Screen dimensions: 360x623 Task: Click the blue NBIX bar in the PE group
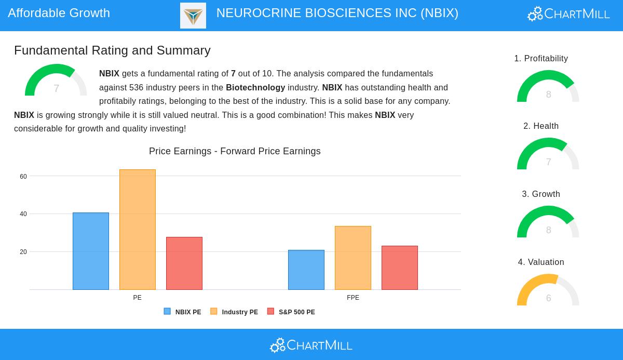pyautogui.click(x=91, y=251)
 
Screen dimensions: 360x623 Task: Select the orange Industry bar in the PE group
pyautogui.click(x=138, y=230)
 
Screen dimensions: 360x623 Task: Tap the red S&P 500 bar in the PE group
pyautogui.click(x=184, y=263)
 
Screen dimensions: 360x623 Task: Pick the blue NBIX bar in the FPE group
pyautogui.click(x=306, y=270)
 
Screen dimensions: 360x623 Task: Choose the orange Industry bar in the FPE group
pyautogui.click(x=353, y=258)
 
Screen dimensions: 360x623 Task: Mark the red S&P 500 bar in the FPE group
pyautogui.click(x=400, y=268)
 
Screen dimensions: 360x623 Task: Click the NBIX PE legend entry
pyautogui.click(x=183, y=312)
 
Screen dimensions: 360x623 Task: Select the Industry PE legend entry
pyautogui.click(x=234, y=312)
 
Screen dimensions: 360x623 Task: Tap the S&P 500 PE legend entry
pyautogui.click(x=291, y=312)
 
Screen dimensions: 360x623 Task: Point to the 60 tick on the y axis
pyautogui.click(x=23, y=177)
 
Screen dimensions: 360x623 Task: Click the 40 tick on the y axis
pyautogui.click(x=23, y=214)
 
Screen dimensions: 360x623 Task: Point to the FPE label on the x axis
pyautogui.click(x=353, y=298)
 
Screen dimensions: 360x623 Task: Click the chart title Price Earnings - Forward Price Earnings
pyautogui.click(x=235, y=151)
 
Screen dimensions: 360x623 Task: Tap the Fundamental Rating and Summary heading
pyautogui.click(x=112, y=50)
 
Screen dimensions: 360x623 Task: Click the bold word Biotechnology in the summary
pyautogui.click(x=255, y=87)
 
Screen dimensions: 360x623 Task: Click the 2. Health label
pyautogui.click(x=541, y=126)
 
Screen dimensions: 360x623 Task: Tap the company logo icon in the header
pyautogui.click(x=193, y=16)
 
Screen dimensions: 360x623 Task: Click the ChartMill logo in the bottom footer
pyautogui.click(x=311, y=345)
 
